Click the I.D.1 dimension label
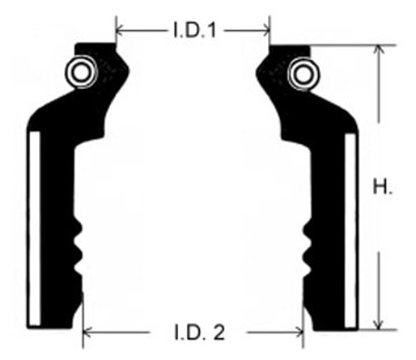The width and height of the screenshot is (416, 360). tap(194, 31)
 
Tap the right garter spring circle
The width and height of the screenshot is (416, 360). tap(300, 75)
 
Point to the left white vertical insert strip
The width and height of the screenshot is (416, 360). tap(33, 228)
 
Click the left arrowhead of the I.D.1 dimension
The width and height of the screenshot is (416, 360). tap(120, 31)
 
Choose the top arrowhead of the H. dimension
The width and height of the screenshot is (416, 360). tap(379, 51)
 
